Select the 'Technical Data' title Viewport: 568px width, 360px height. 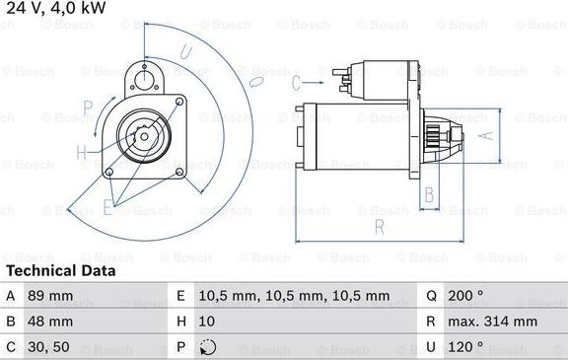pyautogui.click(x=60, y=270)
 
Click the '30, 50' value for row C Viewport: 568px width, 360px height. pyautogui.click(x=47, y=347)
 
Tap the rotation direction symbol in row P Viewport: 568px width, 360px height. pyautogui.click(x=206, y=347)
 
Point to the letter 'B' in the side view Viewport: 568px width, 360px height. pyautogui.click(x=428, y=195)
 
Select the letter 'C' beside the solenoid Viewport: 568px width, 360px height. pyautogui.click(x=297, y=83)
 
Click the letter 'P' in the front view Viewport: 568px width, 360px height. pyautogui.click(x=87, y=108)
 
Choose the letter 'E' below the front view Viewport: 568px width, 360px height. pyautogui.click(x=107, y=207)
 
